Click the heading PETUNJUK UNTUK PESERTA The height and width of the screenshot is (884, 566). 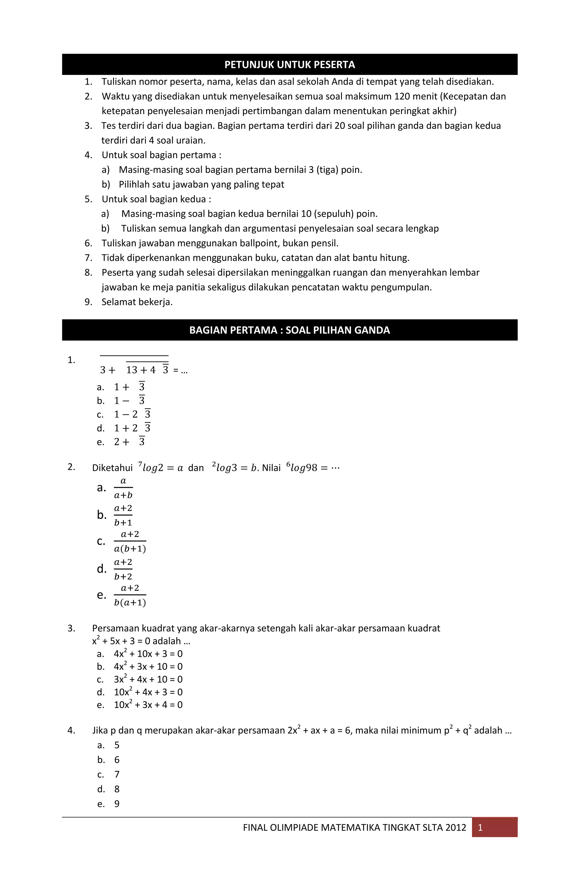pyautogui.click(x=290, y=65)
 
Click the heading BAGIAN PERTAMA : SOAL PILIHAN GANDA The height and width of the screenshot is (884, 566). pyautogui.click(x=290, y=330)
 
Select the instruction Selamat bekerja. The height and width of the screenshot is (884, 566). pyautogui.click(x=137, y=302)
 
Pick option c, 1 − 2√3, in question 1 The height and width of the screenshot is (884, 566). pyautogui.click(x=132, y=415)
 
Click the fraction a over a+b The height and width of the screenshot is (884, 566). pyautogui.click(x=123, y=488)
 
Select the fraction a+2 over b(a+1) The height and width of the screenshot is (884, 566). pyautogui.click(x=130, y=595)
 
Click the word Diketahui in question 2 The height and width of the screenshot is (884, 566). pyautogui.click(x=112, y=468)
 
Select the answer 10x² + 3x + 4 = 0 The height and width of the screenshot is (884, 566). pyautogui.click(x=148, y=705)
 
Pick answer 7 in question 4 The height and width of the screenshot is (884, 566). pyautogui.click(x=117, y=775)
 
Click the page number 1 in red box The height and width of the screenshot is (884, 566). pyautogui.click(x=480, y=828)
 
